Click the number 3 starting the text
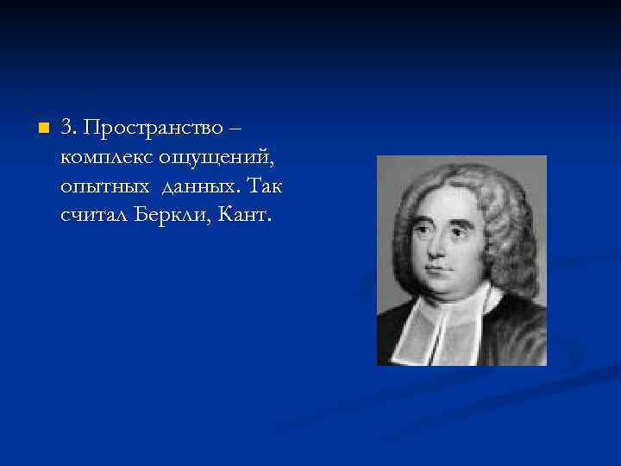tap(66, 129)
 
